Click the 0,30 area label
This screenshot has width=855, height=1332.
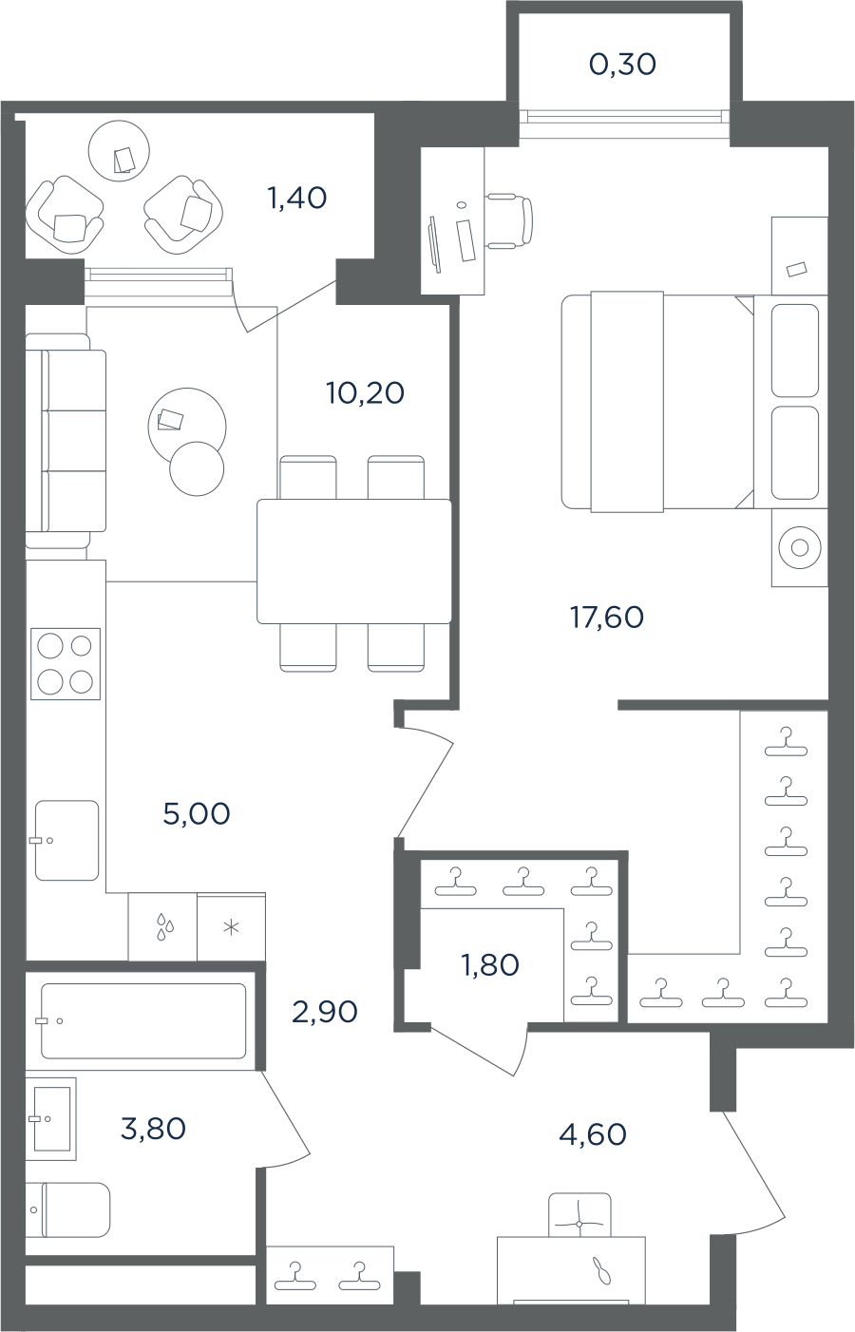click(622, 65)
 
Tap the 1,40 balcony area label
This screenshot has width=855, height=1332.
click(297, 198)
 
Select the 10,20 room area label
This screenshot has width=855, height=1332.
click(365, 393)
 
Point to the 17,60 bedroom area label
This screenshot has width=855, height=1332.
click(606, 618)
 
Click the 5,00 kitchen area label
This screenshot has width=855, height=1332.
click(197, 813)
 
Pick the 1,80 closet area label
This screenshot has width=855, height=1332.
click(490, 964)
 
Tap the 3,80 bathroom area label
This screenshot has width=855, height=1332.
click(153, 1128)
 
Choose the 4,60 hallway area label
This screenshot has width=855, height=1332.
click(593, 1134)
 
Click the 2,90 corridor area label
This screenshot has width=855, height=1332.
click(325, 1011)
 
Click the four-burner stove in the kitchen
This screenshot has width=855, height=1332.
click(66, 663)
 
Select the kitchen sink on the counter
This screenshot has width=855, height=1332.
click(66, 840)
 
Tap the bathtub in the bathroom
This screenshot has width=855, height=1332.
click(143, 1021)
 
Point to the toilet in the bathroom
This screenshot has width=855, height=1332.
click(68, 1210)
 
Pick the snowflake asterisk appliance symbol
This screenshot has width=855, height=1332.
click(231, 927)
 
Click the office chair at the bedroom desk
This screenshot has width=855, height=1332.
click(509, 219)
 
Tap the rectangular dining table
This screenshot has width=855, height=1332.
click(353, 561)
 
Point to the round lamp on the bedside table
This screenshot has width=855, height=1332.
click(800, 547)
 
